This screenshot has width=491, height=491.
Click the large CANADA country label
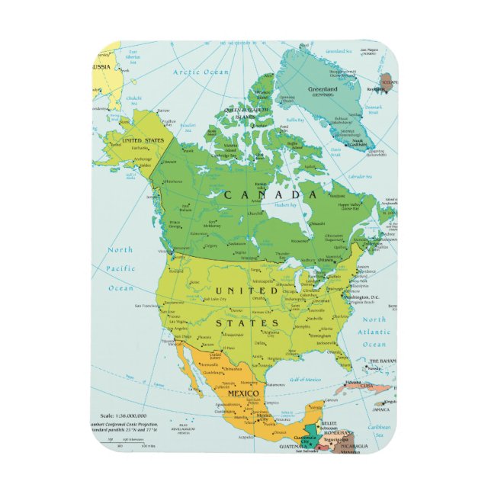point(270,195)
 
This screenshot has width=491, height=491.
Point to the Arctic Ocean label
point(200,72)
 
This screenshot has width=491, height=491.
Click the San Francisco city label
point(147,306)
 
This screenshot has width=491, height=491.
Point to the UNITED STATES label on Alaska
point(143,140)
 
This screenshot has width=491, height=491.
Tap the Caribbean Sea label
point(379,432)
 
